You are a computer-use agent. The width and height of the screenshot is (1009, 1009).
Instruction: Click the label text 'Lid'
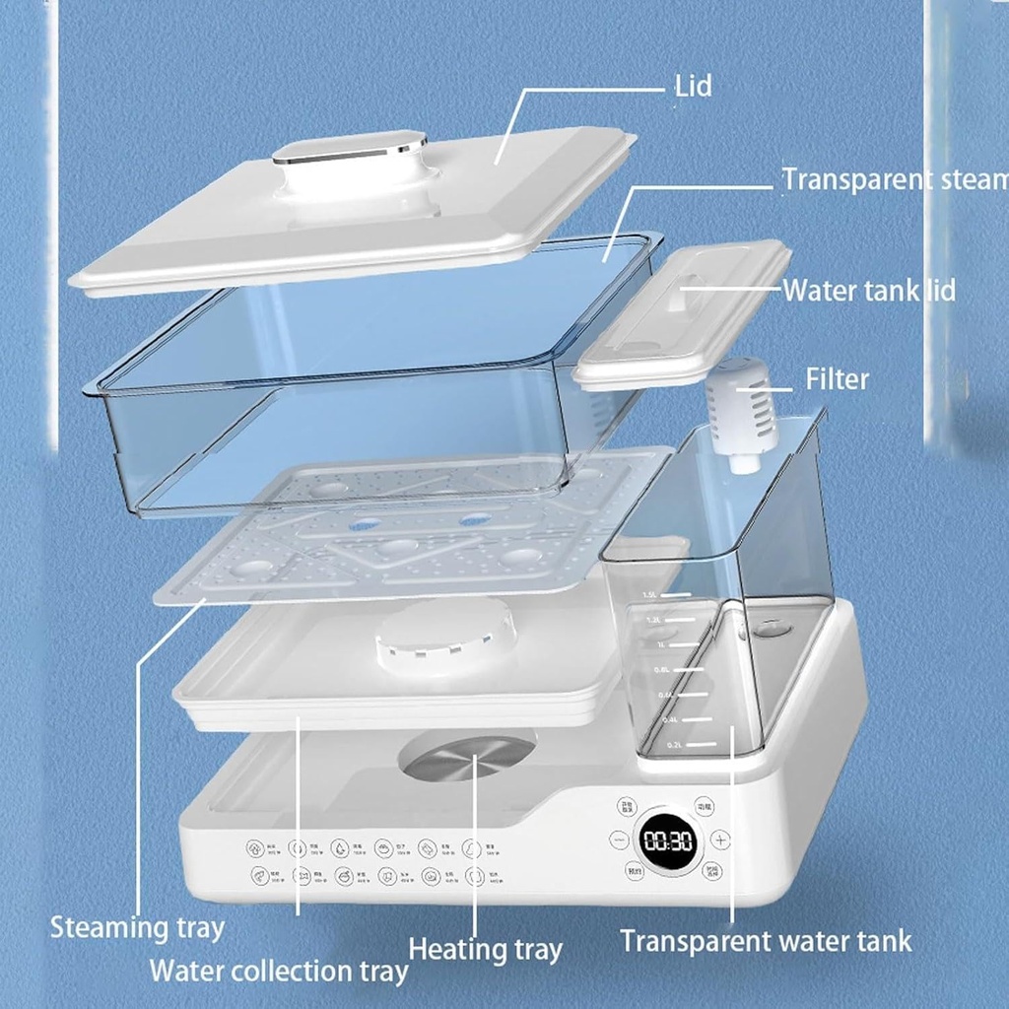pyautogui.click(x=693, y=86)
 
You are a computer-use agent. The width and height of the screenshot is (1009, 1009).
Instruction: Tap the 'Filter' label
pyautogui.click(x=838, y=379)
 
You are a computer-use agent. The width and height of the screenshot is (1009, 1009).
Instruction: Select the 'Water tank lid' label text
pyautogui.click(x=868, y=291)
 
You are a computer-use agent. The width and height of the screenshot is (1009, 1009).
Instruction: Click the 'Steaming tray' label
pyautogui.click(x=137, y=927)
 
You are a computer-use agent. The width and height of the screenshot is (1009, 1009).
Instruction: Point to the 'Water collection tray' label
pyautogui.click(x=278, y=971)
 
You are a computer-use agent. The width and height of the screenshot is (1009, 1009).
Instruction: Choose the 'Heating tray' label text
pyautogui.click(x=485, y=950)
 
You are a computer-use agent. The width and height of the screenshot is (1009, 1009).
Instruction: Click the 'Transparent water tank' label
pyautogui.click(x=766, y=940)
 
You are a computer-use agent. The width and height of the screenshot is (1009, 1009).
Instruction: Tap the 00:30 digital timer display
pyautogui.click(x=669, y=841)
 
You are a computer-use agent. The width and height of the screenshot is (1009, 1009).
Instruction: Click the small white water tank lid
pyautogui.click(x=683, y=310)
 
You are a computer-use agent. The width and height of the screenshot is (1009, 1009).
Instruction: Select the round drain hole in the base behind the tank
pyautogui.click(x=773, y=628)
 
